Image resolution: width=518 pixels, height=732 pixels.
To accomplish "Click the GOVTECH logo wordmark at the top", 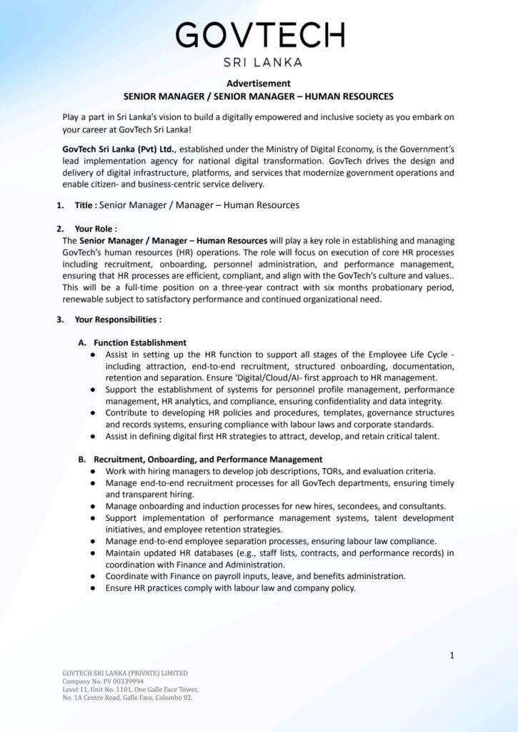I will pos(259,34).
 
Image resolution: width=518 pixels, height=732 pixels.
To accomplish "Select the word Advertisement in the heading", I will pos(259,84).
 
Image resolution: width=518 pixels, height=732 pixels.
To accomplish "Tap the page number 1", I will pos(452,655).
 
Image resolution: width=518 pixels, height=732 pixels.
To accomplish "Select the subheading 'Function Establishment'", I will pos(140,342).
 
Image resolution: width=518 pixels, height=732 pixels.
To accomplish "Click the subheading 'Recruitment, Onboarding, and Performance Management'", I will pos(208,459).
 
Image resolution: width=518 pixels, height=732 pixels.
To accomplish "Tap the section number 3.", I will pos(60,319).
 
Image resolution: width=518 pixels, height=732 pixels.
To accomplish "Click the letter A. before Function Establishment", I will pos(82,342).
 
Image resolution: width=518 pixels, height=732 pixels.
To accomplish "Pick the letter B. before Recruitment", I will pos(82,459).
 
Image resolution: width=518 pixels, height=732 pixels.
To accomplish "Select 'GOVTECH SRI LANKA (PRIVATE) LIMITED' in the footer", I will pos(125,673).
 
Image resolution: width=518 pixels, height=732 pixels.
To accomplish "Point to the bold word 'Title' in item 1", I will pos(84,205).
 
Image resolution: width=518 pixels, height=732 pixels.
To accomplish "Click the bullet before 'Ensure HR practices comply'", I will pos(94,588).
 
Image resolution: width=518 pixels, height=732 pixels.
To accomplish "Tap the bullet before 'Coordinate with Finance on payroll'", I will pos(94,576).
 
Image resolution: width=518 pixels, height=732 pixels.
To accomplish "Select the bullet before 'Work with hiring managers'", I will pos(94,471).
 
